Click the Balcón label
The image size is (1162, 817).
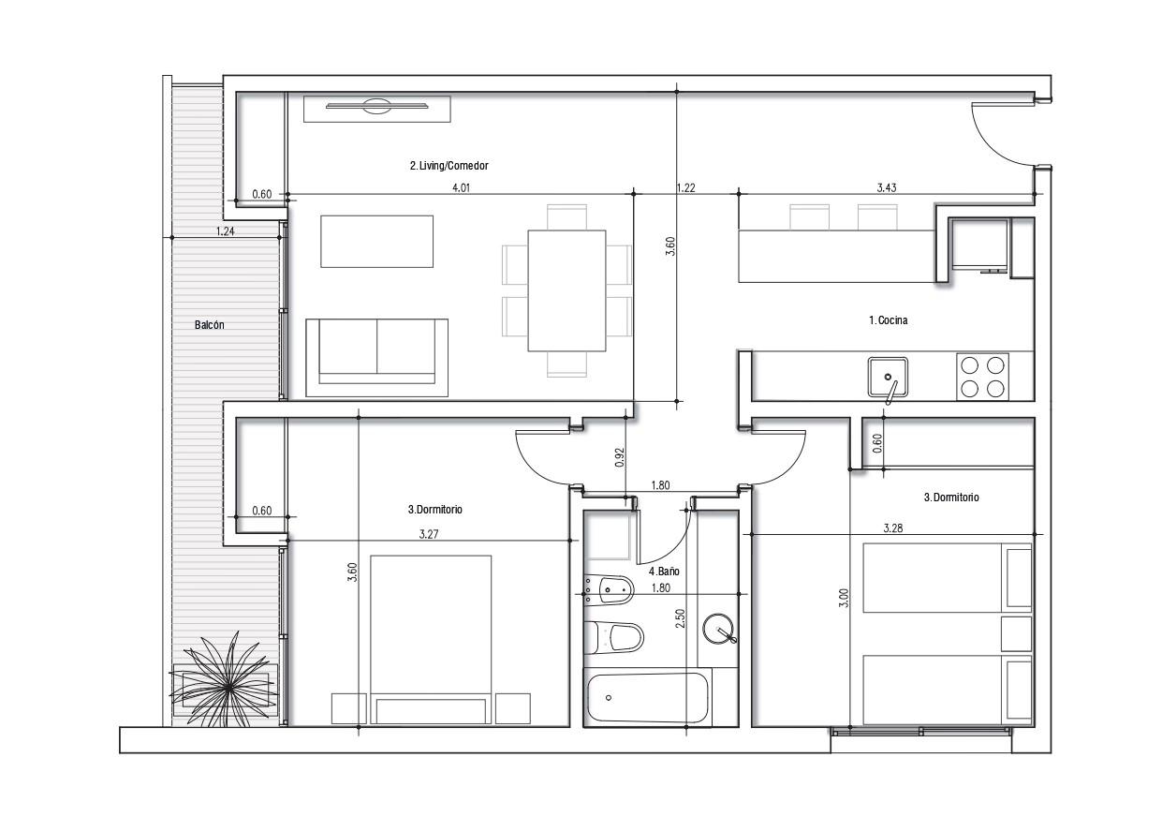pos(210,325)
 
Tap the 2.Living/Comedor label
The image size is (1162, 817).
pos(449,166)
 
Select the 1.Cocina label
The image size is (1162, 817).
pos(888,320)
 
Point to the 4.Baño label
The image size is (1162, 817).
pos(664,572)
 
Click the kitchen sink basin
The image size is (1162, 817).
pos(888,377)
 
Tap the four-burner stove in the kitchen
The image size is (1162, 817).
pos(982,377)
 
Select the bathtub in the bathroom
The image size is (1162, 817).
pos(649,698)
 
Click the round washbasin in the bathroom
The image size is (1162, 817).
pos(719,629)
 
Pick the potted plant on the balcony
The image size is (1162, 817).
pos(224,679)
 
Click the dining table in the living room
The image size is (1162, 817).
pos(567,290)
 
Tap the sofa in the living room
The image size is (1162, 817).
pos(377,358)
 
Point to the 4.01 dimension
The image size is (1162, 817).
pos(462,188)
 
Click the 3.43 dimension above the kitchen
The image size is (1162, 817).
pos(887,187)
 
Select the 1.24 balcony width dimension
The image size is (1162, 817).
pos(226,231)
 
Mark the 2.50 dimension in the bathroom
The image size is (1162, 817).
pos(681,618)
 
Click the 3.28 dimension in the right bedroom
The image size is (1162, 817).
pos(893,528)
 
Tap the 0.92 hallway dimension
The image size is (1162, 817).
pos(620,457)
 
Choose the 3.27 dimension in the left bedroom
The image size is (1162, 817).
pos(429,535)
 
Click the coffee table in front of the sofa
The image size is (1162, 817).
pos(377,242)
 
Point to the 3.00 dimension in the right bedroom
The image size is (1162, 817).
pos(844,598)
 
